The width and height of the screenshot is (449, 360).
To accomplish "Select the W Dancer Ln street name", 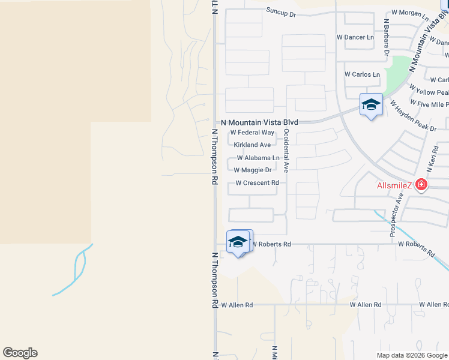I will (355, 37).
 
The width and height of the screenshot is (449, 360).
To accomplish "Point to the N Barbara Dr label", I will (387, 41).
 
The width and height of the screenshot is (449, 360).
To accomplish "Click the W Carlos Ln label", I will (362, 74).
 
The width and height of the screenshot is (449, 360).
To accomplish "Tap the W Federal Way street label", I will (252, 133).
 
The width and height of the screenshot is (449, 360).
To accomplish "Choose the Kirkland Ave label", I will (252, 145).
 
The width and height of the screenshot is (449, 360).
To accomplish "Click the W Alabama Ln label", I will (258, 158).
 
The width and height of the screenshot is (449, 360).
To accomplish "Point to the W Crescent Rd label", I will (257, 183).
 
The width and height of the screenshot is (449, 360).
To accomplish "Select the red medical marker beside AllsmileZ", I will (421, 184).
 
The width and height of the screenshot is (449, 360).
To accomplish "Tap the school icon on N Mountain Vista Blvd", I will (371, 105).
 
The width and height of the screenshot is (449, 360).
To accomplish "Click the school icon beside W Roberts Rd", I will (238, 242).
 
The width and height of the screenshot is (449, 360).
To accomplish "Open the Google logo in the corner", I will (20, 353).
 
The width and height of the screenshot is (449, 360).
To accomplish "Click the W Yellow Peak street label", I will (429, 91).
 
